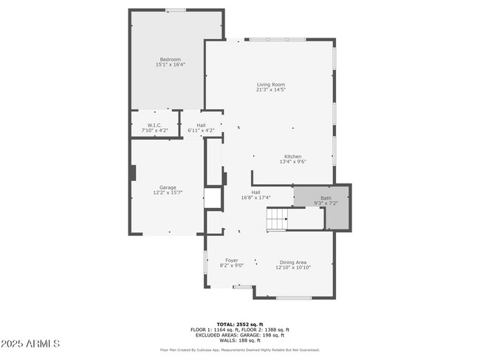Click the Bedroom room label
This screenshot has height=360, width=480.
pyautogui.click(x=171, y=59)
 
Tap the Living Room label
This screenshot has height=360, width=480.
pyautogui.click(x=270, y=85)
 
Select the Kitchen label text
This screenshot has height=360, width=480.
pyautogui.click(x=293, y=156)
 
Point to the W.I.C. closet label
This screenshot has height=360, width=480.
pyautogui.click(x=154, y=125)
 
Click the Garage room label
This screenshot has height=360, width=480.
pyautogui.click(x=168, y=187)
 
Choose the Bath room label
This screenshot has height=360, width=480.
pyautogui.click(x=326, y=198)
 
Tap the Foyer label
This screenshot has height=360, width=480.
pyautogui.click(x=232, y=261)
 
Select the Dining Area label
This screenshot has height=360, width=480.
pyautogui.click(x=292, y=261)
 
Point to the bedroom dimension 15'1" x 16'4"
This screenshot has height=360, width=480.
pyautogui.click(x=171, y=65)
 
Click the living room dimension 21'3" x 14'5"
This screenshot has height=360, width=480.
pyautogui.click(x=270, y=90)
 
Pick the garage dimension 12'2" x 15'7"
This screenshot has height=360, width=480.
pyautogui.click(x=168, y=193)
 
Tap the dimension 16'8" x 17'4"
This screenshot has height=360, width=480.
pyautogui.click(x=256, y=198)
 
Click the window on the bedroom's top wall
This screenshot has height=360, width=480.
pyautogui.click(x=175, y=10)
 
